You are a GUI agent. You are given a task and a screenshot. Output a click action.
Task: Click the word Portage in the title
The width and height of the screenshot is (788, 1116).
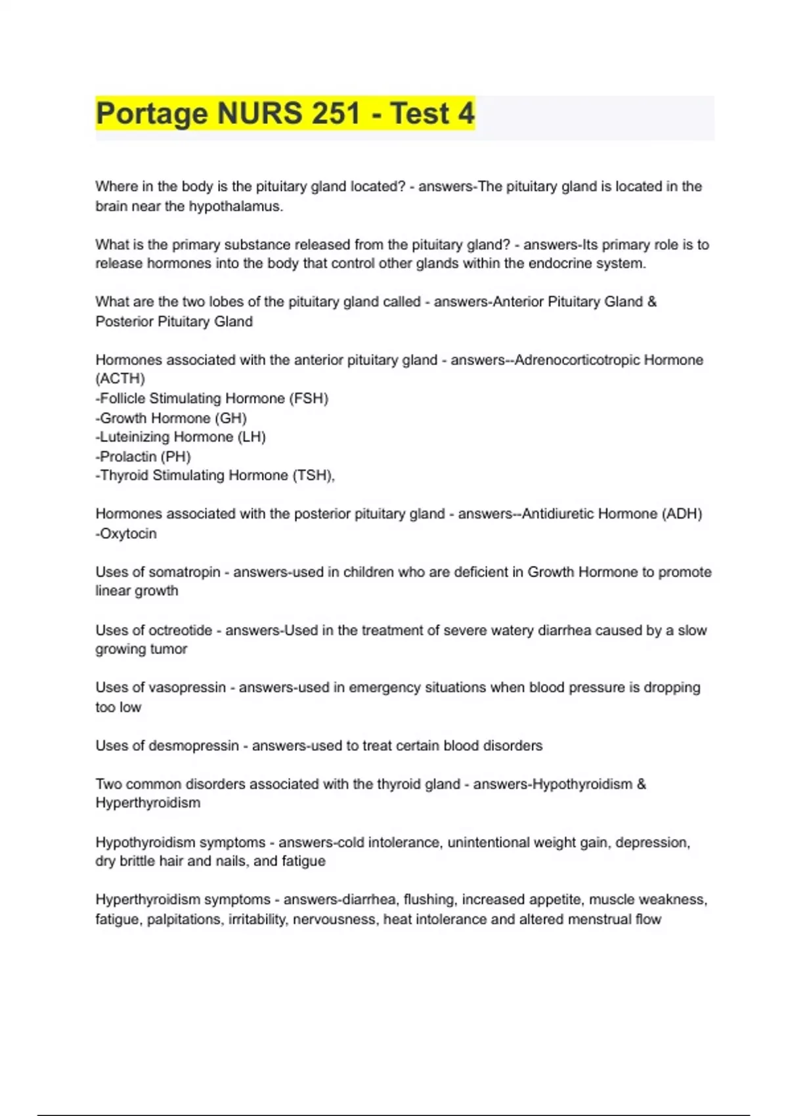point(152,114)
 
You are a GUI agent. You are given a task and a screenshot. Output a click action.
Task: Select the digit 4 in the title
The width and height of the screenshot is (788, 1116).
point(466,114)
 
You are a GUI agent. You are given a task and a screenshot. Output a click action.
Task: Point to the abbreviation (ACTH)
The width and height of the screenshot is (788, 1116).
point(120,379)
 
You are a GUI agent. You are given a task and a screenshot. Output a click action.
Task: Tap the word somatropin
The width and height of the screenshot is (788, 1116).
point(185,572)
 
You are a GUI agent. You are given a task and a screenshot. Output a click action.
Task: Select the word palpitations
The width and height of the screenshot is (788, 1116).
point(184,919)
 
